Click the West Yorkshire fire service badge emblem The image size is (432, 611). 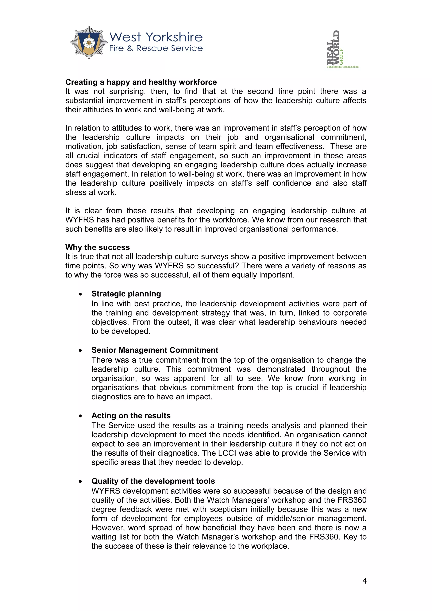[x=89, y=42]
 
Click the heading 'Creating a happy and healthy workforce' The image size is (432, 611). [x=141, y=82]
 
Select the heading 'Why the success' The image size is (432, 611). [x=97, y=247]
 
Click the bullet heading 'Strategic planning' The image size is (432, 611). [x=126, y=294]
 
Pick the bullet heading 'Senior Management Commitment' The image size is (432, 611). [x=155, y=350]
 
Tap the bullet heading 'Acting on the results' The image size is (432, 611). [x=131, y=416]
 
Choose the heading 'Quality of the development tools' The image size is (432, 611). [x=153, y=481]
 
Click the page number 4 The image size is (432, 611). [x=364, y=581]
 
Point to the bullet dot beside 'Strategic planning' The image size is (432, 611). [x=80, y=294]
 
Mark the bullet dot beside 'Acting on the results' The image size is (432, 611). [x=80, y=416]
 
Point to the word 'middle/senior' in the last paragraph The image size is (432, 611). [x=290, y=518]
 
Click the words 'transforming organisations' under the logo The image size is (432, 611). [x=343, y=67]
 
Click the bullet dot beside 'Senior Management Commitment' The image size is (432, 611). [x=80, y=350]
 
